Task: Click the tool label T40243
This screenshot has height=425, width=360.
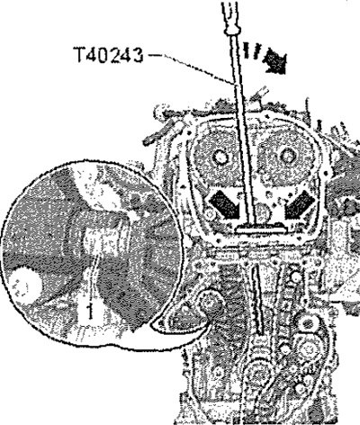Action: pos(109,55)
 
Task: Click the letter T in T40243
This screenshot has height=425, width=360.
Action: pos(80,55)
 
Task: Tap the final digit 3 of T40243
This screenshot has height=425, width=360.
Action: pos(138,55)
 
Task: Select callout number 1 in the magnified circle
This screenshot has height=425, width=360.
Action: pos(89,310)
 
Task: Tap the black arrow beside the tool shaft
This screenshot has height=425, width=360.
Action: pos(274,62)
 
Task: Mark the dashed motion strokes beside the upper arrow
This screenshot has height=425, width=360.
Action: pos(249,50)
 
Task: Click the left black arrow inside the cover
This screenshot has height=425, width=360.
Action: pos(224,204)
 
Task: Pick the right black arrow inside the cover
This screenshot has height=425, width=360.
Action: pos(300,204)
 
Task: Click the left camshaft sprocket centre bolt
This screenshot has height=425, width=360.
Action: pos(220,158)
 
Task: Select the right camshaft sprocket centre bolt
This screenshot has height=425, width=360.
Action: pos(287,157)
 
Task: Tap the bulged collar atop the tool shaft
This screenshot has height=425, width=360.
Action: pos(234,29)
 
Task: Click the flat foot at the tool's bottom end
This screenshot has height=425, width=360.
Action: pos(261,230)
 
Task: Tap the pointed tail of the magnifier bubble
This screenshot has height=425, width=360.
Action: pos(153,325)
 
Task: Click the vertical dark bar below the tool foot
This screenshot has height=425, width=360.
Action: pos(257,300)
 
